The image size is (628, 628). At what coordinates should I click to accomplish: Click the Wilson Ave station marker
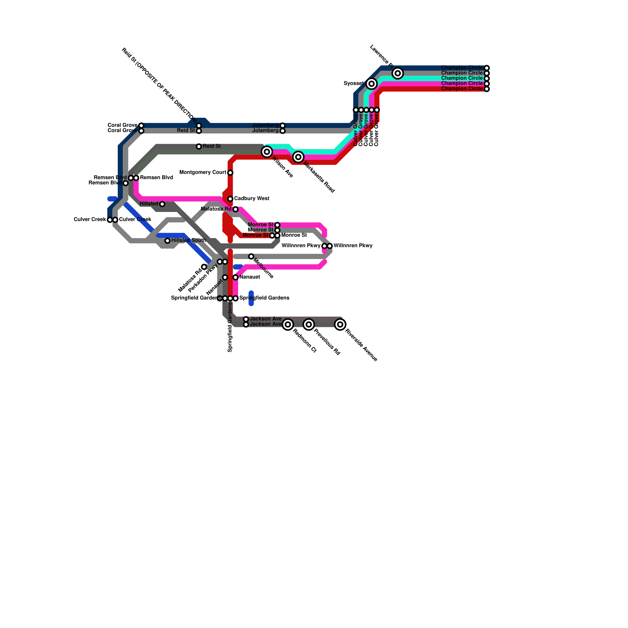click(267, 152)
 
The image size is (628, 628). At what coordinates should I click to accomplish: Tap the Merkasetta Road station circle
click(298, 157)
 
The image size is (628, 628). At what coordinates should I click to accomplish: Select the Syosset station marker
click(372, 84)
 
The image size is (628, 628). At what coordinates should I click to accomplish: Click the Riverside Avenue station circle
click(340, 324)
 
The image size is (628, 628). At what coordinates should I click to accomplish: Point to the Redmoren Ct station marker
click(288, 324)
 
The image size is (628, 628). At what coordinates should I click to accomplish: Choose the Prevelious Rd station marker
click(309, 324)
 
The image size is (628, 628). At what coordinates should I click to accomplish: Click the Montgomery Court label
click(203, 173)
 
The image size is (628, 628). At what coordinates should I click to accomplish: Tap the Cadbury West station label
click(252, 199)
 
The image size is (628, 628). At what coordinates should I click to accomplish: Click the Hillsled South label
click(189, 240)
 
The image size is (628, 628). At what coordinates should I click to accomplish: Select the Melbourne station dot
click(251, 256)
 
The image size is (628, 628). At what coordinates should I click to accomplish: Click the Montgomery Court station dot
click(230, 173)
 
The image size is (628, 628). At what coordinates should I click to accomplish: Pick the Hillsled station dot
click(162, 204)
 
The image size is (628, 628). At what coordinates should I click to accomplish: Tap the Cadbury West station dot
click(230, 199)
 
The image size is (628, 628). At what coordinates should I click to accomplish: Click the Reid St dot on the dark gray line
click(199, 146)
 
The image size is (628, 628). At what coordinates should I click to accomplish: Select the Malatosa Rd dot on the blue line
click(204, 267)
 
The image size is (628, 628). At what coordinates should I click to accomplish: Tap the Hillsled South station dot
click(168, 241)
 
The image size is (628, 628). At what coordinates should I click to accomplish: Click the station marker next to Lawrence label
click(398, 73)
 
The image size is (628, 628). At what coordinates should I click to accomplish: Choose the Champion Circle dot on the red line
click(487, 89)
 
